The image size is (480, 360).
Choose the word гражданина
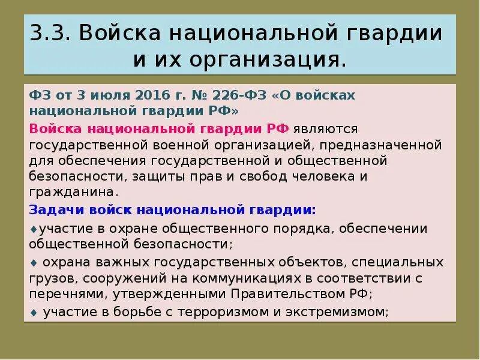click(69, 192)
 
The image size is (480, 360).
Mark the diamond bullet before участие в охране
click(32, 229)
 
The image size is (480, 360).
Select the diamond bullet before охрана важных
click(33, 262)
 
